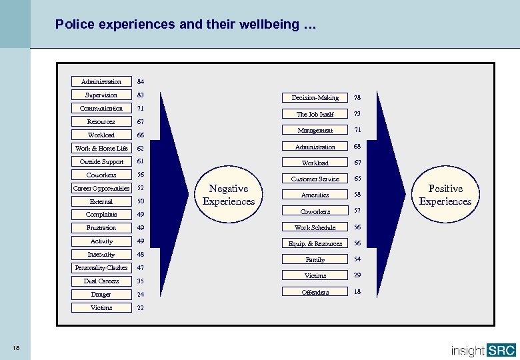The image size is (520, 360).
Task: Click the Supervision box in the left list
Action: tap(101, 95)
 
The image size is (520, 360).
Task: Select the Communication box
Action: tap(101, 108)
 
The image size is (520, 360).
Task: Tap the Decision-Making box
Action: tap(315, 98)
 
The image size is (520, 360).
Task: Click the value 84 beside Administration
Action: tap(141, 82)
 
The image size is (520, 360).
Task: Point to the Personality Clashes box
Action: tap(101, 268)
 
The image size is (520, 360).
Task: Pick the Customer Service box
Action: tap(315, 179)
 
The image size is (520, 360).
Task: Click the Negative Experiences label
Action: tap(229, 195)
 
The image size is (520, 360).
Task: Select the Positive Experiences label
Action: tap(445, 195)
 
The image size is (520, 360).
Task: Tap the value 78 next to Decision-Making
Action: tap(357, 98)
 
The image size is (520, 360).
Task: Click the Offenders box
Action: tap(315, 292)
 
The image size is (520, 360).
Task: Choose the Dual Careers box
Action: tap(101, 281)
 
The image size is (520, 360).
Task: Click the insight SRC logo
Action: tap(483, 350)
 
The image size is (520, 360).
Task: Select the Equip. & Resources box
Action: tap(315, 243)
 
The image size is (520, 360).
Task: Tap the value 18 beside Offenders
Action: tap(357, 292)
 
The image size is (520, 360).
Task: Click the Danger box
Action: tap(101, 295)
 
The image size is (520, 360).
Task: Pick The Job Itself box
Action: tap(315, 114)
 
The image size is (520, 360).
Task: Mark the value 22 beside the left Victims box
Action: tap(141, 308)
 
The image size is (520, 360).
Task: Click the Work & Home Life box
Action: tap(101, 148)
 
